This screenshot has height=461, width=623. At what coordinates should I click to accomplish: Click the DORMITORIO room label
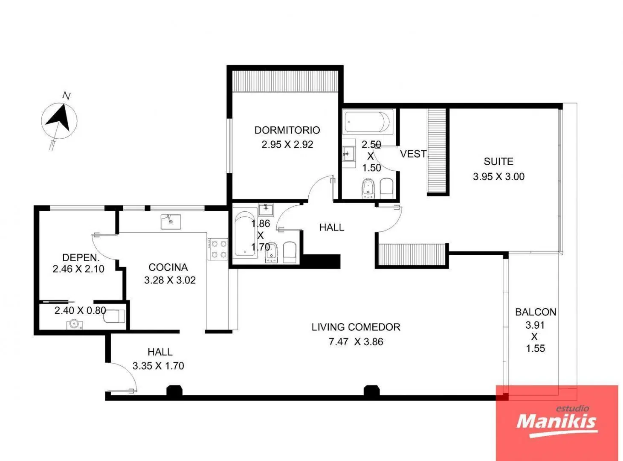287,130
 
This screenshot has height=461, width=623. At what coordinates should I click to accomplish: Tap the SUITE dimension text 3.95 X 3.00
498,177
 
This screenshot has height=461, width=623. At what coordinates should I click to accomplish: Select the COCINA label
168,267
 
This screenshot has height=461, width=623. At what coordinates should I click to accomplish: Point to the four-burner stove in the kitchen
217,249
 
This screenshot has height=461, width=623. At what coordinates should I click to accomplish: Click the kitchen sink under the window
171,222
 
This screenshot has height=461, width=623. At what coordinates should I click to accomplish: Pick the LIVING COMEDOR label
356,327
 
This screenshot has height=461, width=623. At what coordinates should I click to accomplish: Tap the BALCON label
536,312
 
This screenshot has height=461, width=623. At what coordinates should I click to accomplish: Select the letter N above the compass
67,96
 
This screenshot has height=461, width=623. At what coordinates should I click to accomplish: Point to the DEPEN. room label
81,258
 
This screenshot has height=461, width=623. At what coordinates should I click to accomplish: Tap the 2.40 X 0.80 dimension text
80,310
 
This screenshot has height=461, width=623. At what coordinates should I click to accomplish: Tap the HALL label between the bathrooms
332,227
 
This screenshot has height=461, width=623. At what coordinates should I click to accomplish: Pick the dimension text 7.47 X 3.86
356,342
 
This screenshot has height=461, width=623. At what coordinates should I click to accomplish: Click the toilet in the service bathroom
114,316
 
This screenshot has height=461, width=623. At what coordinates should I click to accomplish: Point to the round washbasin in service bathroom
75,324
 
